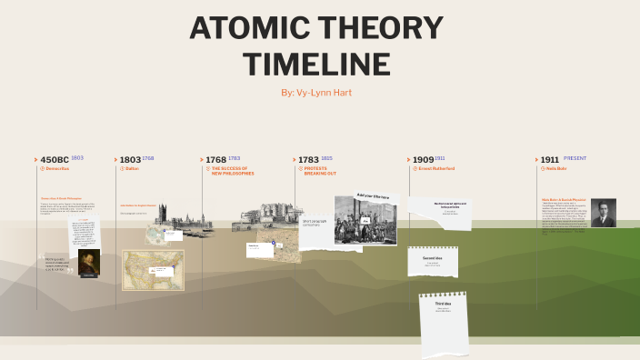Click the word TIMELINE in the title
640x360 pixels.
318,64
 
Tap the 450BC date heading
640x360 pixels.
55,159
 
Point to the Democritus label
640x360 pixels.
56,169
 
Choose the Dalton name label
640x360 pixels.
132,169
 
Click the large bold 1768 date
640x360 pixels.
215,159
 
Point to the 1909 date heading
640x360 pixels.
423,159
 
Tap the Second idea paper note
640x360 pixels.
432,261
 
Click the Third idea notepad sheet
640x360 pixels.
444,323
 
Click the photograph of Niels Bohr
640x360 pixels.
603,213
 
